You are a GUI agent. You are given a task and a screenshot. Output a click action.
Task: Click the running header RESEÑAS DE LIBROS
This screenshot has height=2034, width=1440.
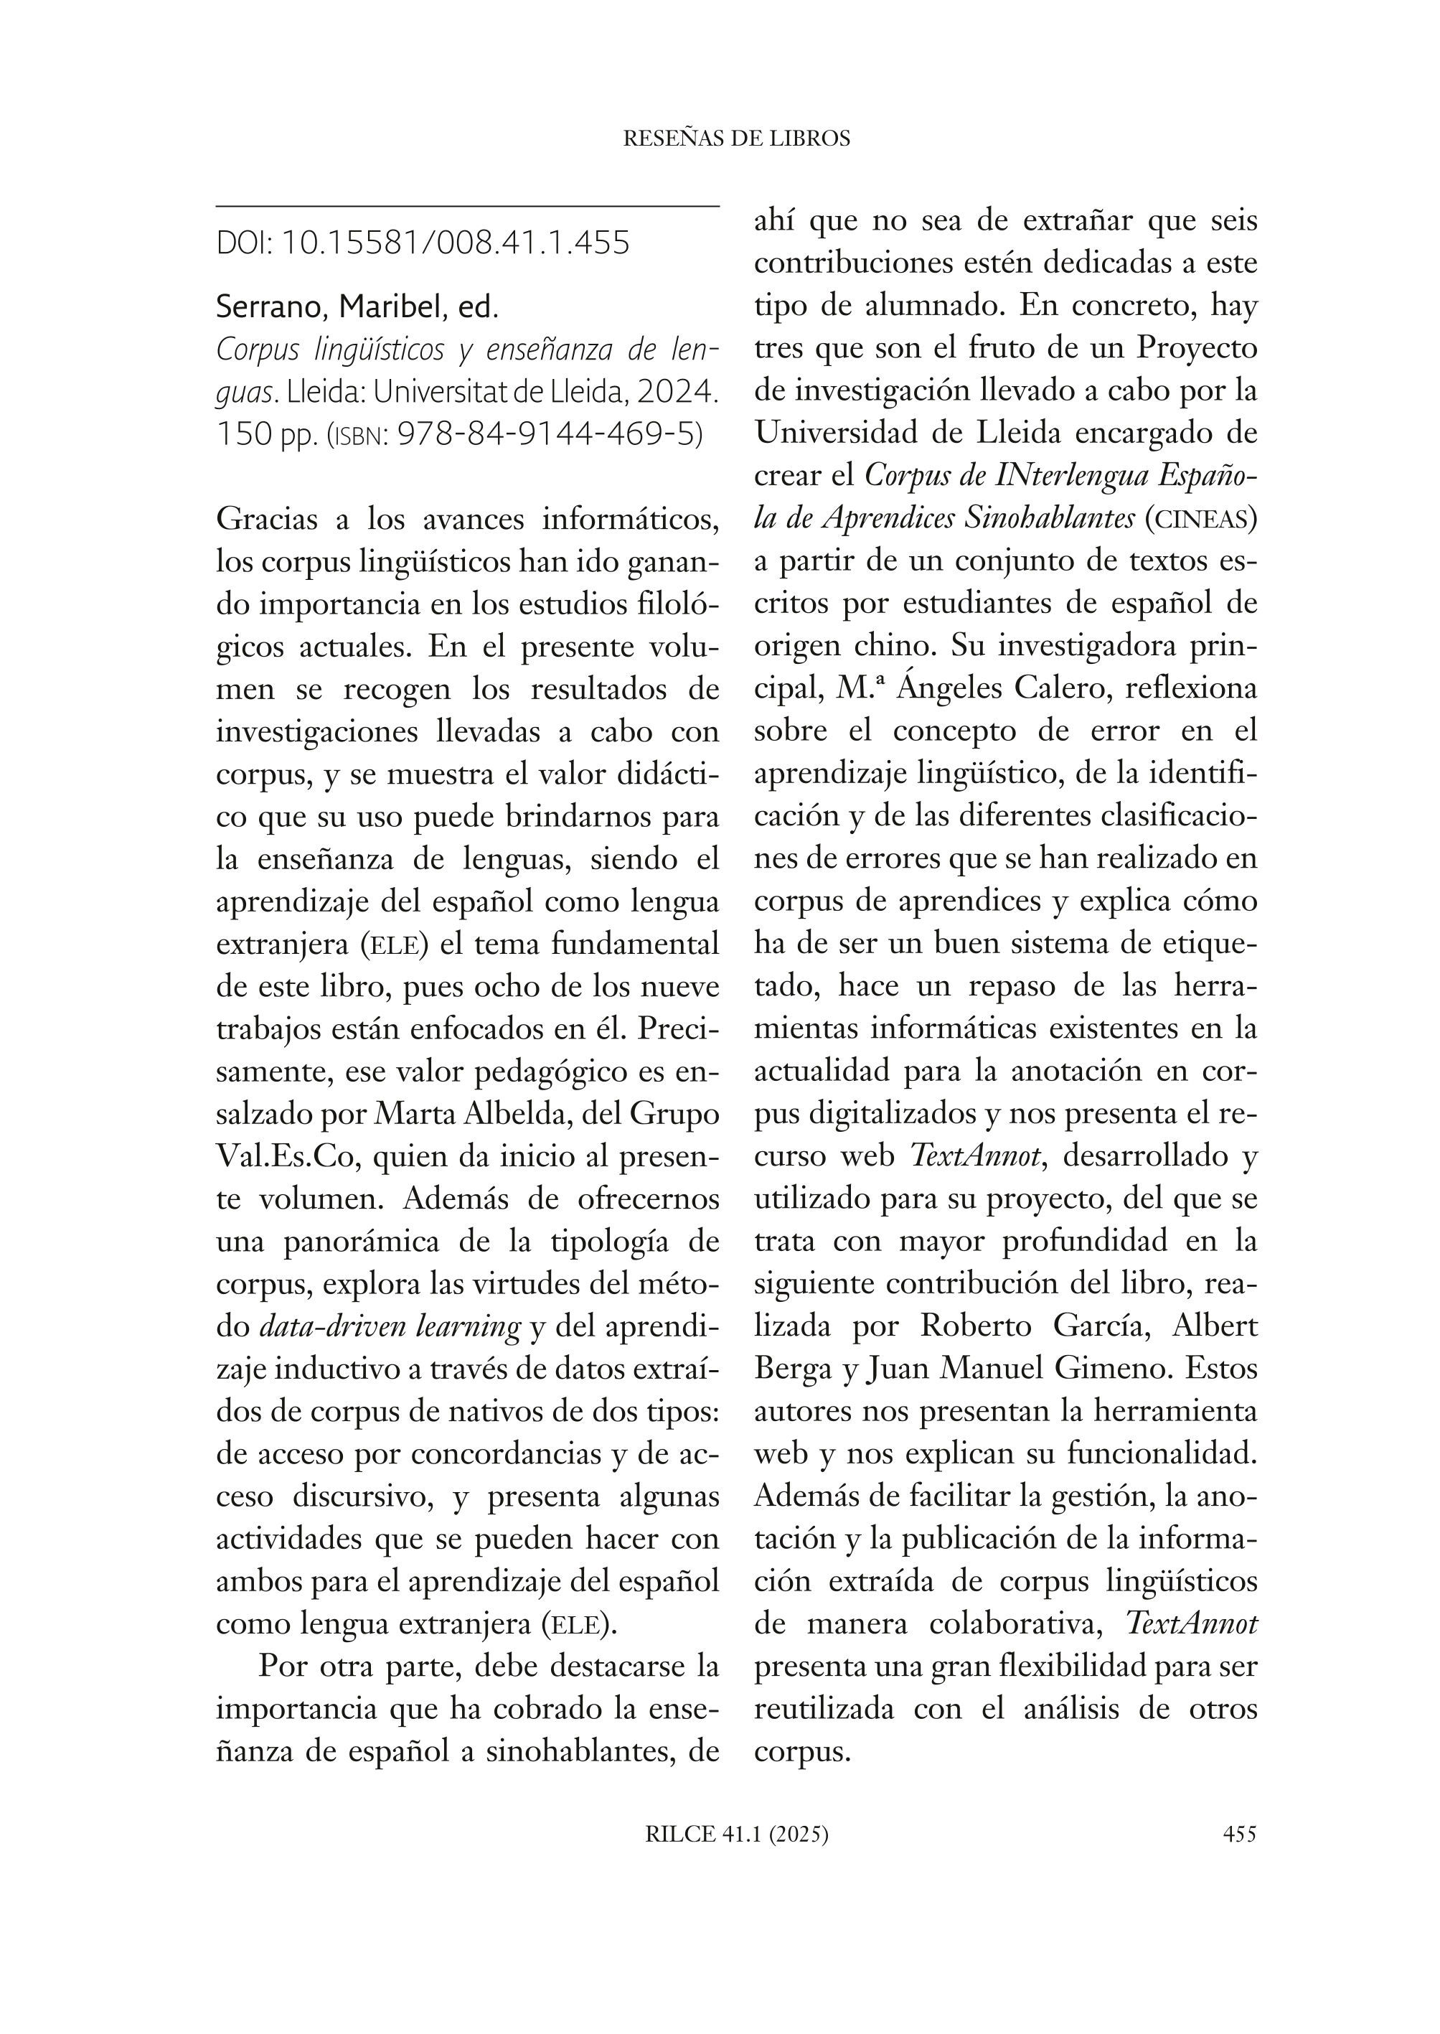click(737, 139)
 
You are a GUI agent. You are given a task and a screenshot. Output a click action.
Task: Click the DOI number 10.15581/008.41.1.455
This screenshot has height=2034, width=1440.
click(455, 242)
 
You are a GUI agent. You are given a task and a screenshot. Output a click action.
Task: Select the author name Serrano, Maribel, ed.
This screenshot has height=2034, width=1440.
click(357, 307)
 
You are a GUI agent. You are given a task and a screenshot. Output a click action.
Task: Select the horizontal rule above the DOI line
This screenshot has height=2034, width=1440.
click(467, 207)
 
